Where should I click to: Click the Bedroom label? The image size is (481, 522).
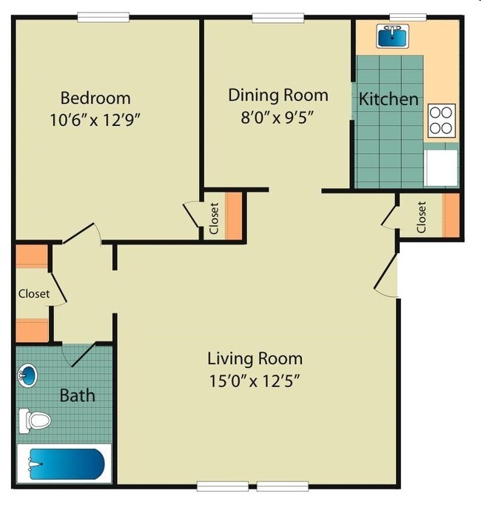pos(95,98)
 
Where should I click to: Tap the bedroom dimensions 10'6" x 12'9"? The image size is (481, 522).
pos(95,119)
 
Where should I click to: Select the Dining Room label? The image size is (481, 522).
pos(277,95)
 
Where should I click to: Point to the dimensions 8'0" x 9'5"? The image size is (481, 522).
pos(277,117)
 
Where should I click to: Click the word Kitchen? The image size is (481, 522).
pos(389,98)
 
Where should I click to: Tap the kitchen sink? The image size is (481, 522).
pos(394,34)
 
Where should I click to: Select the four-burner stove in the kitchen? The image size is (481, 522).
pos(441,120)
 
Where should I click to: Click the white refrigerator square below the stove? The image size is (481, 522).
pos(441,167)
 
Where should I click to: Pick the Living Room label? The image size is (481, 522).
pos(255,359)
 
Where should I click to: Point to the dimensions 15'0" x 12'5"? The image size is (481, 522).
pos(255,382)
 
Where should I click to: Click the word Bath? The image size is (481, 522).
pos(78,395)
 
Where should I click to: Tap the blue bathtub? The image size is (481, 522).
pos(65,464)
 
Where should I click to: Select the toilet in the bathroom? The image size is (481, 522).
pos(34,421)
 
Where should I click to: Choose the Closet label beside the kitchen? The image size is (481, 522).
pos(422,217)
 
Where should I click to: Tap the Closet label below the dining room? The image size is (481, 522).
pos(214,218)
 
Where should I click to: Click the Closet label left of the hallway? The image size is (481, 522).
pos(34,293)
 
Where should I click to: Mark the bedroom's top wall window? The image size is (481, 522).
pos(103,17)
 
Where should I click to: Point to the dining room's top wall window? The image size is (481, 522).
pos(278,17)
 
